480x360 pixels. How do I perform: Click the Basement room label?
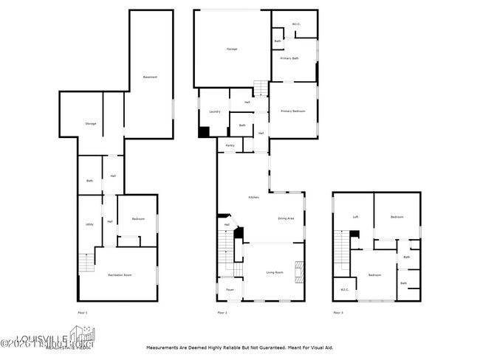tap(150, 77)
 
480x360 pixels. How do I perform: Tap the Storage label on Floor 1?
tap(91, 123)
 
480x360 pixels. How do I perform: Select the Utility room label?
tap(89, 224)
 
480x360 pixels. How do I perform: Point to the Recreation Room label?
tap(120, 274)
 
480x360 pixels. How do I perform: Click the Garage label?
tap(232, 49)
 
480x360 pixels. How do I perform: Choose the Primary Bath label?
tap(290, 58)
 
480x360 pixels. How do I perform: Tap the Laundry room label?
tap(215, 111)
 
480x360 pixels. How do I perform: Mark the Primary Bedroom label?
tap(293, 111)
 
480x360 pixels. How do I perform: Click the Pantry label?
tap(230, 145)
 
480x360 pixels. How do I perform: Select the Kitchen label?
tap(253, 198)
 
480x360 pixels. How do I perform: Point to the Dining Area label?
tap(287, 218)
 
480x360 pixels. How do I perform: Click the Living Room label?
tap(275, 272)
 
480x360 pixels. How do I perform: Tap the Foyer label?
tap(230, 290)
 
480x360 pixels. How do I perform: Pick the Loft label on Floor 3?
tap(355, 217)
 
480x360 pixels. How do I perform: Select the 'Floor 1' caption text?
tap(83, 314)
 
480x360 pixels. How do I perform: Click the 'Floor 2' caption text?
tap(222, 314)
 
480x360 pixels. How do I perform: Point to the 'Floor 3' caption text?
tap(337, 314)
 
